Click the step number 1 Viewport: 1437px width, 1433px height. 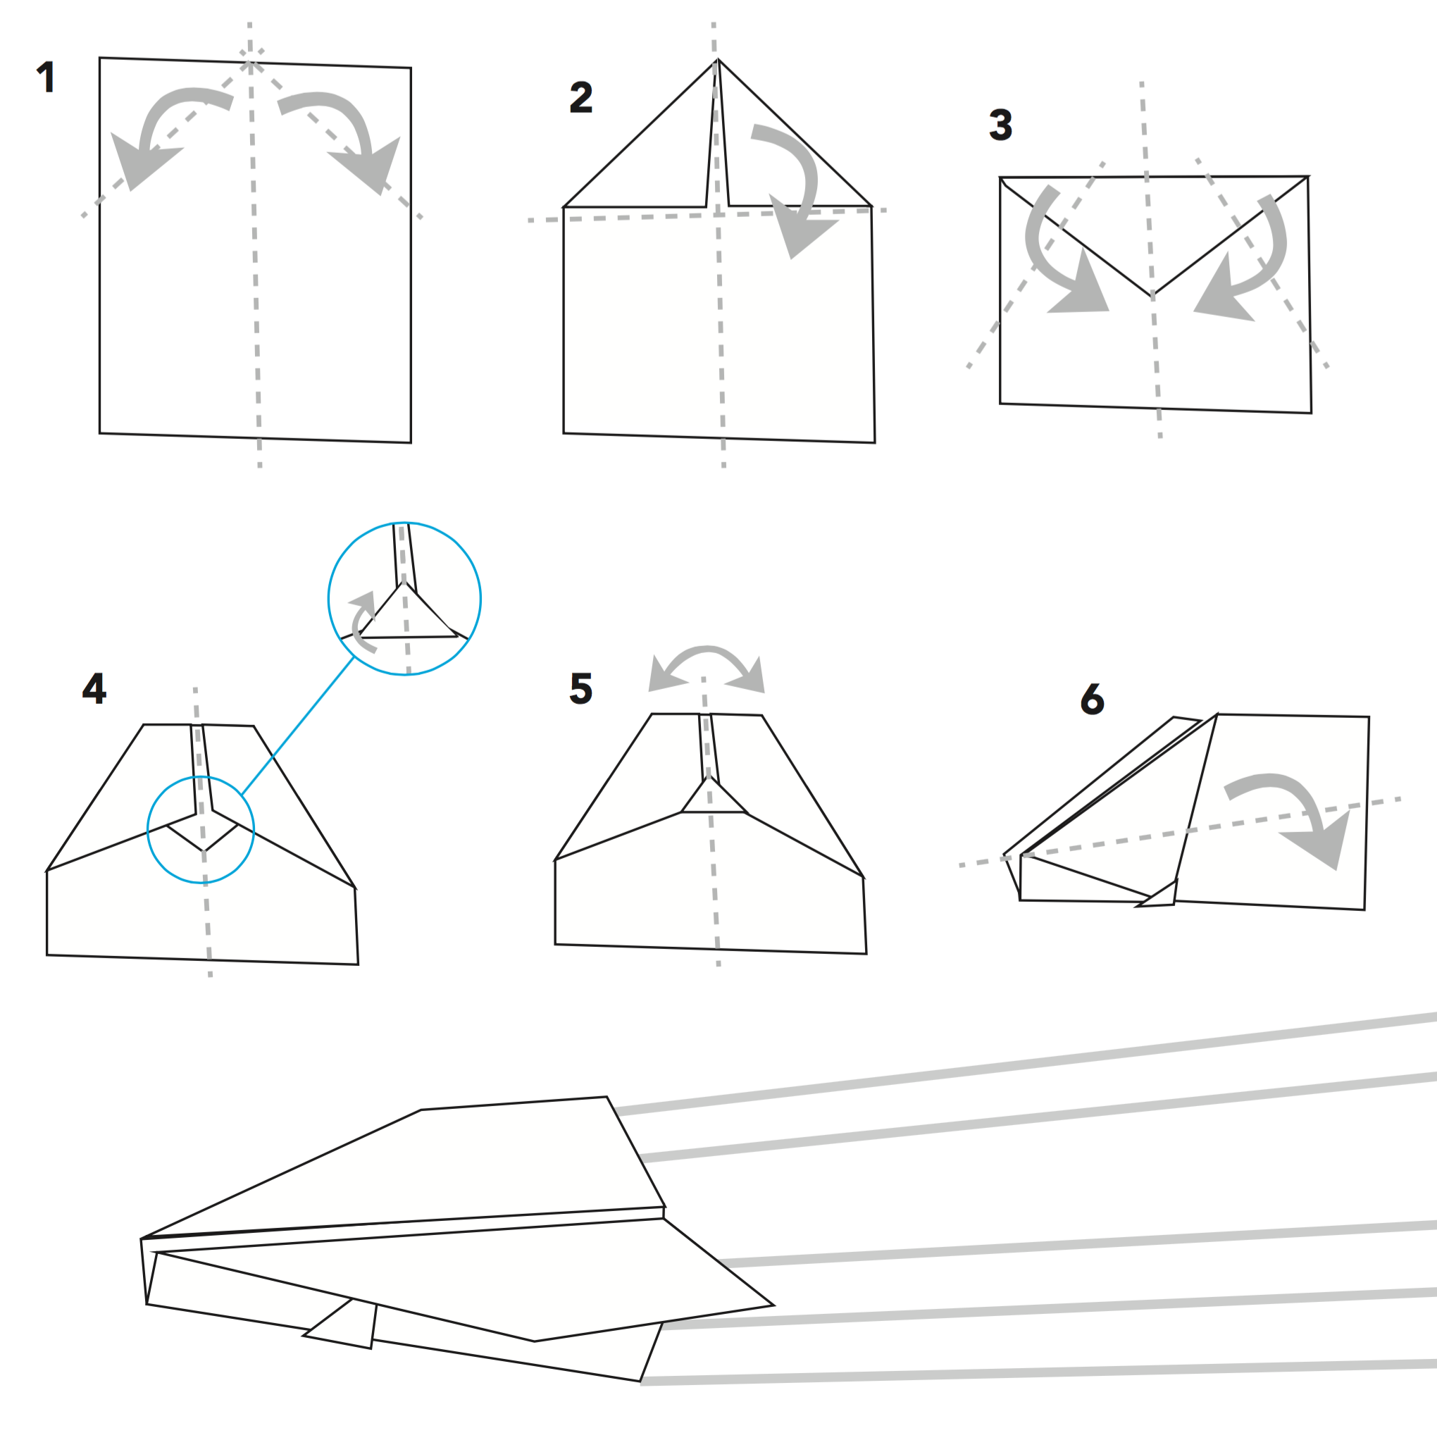coord(46,77)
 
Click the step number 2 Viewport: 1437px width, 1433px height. coord(581,97)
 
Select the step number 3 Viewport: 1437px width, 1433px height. coord(1000,124)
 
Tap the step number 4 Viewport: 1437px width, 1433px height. coord(94,688)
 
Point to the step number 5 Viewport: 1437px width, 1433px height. coord(581,688)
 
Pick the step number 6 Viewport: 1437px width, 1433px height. coord(1092,699)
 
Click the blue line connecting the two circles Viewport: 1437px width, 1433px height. coord(297,726)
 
